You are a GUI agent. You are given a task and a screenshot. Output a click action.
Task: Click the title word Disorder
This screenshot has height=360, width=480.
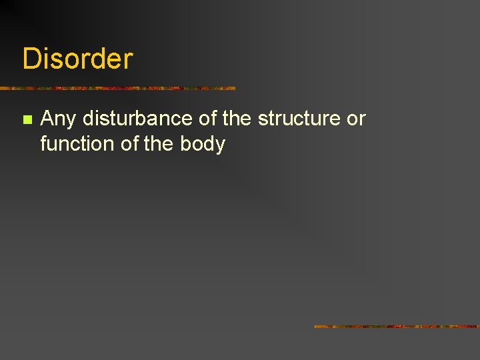click(x=77, y=59)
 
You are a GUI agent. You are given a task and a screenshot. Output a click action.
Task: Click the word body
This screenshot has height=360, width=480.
click(x=203, y=144)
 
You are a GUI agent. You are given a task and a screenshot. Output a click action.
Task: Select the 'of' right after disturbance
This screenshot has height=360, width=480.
click(x=207, y=119)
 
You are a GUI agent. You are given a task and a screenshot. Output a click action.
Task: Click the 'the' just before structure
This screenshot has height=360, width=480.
click(x=237, y=119)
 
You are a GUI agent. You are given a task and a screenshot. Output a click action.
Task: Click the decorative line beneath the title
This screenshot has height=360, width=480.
click(x=117, y=88)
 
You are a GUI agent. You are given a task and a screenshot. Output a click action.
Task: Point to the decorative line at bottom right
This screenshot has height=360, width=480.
click(x=397, y=327)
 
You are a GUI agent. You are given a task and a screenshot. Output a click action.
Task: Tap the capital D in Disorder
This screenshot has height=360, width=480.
click(x=31, y=59)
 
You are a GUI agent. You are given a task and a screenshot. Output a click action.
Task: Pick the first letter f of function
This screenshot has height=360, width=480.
click(x=43, y=143)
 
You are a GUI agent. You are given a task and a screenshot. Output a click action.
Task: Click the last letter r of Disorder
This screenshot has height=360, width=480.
click(x=129, y=60)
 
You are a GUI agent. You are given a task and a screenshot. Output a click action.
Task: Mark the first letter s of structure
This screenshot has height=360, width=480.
click(x=263, y=120)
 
